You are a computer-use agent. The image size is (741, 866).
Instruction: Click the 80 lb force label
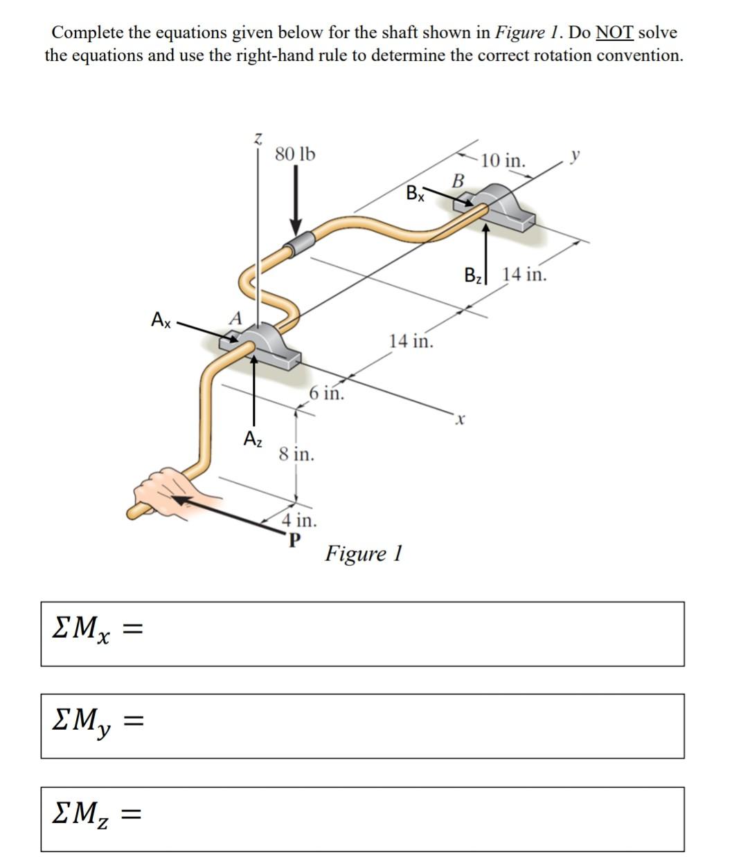294,154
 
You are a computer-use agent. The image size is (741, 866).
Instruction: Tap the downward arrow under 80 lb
296,201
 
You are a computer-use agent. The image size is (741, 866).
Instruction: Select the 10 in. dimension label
503,161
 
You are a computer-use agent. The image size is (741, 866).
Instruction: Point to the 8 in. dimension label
296,454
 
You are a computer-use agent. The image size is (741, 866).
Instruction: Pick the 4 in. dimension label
299,519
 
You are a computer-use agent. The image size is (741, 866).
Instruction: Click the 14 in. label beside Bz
524,275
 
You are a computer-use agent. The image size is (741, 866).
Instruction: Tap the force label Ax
161,320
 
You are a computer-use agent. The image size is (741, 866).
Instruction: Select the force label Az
253,439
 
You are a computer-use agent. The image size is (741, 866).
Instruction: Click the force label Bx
414,193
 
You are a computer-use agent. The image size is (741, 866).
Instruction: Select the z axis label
258,138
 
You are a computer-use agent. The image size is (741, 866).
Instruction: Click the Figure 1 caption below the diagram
364,553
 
